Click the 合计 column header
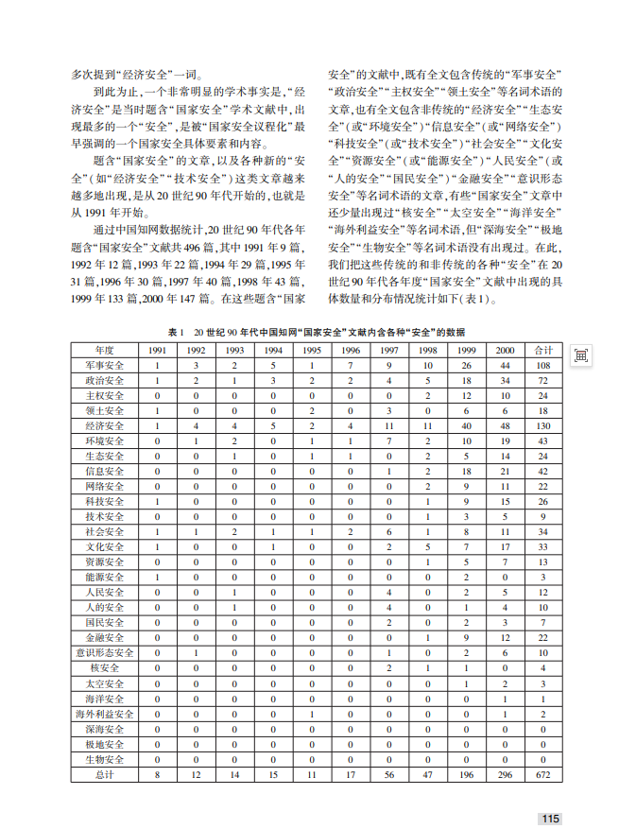[543, 350]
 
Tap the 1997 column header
[387, 350]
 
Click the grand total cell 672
[543, 774]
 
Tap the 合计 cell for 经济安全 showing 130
[543, 426]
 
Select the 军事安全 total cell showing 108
[543, 365]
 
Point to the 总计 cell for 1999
[466, 774]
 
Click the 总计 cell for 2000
[506, 774]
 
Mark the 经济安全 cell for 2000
[506, 426]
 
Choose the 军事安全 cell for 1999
[466, 365]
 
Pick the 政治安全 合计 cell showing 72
[543, 380]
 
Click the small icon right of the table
[580, 354]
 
